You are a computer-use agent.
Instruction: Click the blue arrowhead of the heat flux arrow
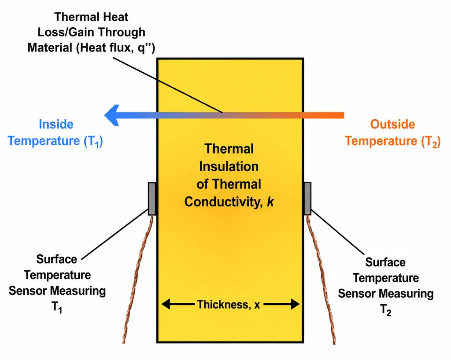pos(111,115)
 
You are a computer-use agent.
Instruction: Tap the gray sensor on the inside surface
pos(152,198)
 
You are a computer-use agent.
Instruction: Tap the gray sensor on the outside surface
pos(307,198)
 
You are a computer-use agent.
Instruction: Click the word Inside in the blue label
pos(56,125)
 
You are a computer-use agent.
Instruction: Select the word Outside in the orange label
pos(392,125)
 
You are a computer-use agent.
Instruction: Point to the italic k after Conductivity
pos(270,202)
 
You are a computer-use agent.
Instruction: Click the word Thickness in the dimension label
pos(223,304)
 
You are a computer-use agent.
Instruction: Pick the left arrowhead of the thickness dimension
pos(166,304)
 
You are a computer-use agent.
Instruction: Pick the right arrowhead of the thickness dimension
pos(296,304)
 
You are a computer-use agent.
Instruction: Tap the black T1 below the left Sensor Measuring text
pos(57,307)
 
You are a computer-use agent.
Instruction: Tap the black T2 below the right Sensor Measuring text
pos(385,310)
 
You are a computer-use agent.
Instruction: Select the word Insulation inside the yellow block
pos(229,167)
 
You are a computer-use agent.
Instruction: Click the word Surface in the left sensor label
pos(57,259)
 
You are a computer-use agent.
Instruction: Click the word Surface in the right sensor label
pos(385,262)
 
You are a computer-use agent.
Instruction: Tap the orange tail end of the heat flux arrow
pos(344,115)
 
